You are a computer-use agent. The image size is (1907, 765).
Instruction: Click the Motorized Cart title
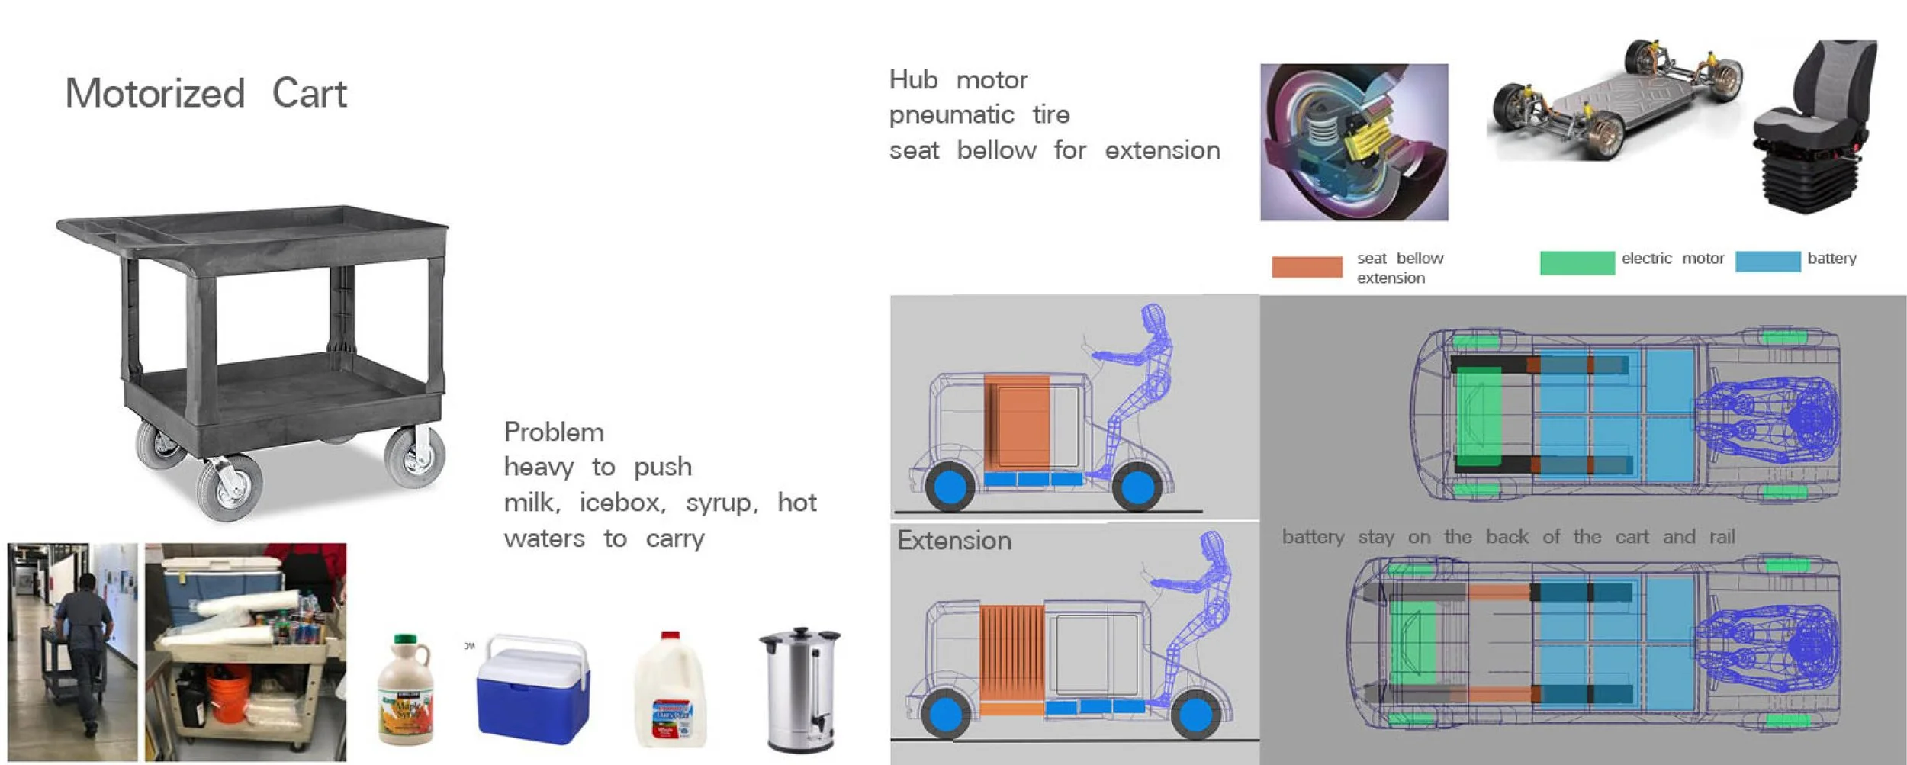coord(206,94)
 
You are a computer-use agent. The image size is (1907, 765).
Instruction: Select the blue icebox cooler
coord(532,690)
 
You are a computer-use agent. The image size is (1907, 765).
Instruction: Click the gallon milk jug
coord(670,693)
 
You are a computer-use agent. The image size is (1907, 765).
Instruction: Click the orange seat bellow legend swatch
coord(1307,267)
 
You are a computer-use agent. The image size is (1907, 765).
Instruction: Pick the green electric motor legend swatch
coord(1577,262)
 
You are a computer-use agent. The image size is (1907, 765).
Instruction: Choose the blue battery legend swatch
coord(1767,262)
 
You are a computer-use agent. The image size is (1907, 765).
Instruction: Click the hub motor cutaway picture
coord(1354,143)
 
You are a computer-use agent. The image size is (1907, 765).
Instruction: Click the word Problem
coord(554,432)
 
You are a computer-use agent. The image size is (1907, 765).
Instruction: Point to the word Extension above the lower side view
coord(954,541)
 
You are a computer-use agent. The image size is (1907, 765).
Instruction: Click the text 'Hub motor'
coord(958,80)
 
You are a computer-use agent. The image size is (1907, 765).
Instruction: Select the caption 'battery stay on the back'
coord(1508,537)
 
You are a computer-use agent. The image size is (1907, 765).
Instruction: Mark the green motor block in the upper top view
coord(1478,417)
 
